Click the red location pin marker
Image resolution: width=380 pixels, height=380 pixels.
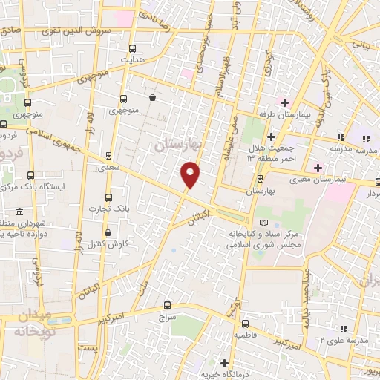pyautogui.click(x=191, y=174)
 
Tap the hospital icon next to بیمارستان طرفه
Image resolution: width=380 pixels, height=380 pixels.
pyautogui.click(x=284, y=102)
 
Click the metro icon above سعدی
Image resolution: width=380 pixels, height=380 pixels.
pyautogui.click(x=109, y=156)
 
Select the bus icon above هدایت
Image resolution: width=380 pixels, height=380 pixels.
pyautogui.click(x=133, y=46)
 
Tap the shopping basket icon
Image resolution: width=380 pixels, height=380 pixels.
pyautogui.click(x=152, y=97)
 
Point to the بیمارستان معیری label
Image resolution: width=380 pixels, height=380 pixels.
pyautogui.click(x=342, y=179)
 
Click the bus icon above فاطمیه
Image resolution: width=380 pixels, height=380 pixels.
pyautogui.click(x=245, y=323)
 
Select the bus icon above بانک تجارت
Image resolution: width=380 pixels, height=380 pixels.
pyautogui.click(x=109, y=197)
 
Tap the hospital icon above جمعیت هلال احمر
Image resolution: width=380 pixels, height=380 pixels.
pyautogui.click(x=272, y=137)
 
